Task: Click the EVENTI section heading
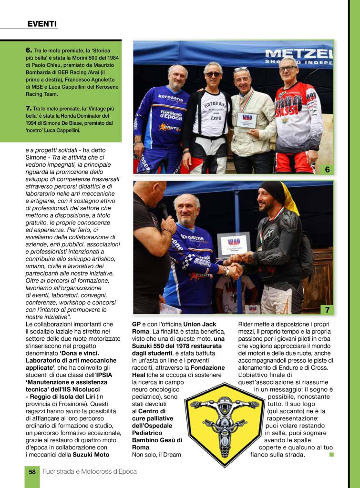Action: pyautogui.click(x=42, y=23)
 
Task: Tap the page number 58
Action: pyautogui.click(x=32, y=471)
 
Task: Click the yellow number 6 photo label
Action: pyautogui.click(x=327, y=169)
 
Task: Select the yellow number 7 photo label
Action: pyautogui.click(x=327, y=310)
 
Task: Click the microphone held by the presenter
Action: pyautogui.click(x=163, y=210)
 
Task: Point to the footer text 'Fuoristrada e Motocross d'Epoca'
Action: pyautogui.click(x=90, y=471)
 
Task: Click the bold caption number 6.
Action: pyautogui.click(x=29, y=50)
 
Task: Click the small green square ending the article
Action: pyautogui.click(x=331, y=454)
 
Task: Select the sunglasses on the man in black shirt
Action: pyautogui.click(x=213, y=74)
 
